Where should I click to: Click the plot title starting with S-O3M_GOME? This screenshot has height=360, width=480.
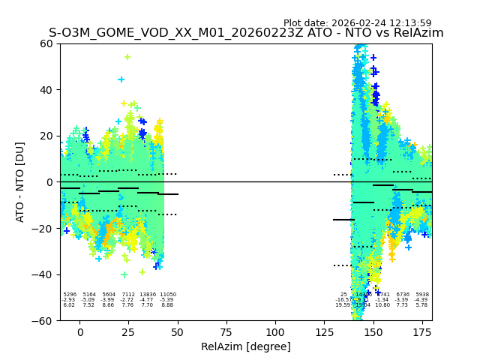[x=246, y=33]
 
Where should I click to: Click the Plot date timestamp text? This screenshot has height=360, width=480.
[x=357, y=23]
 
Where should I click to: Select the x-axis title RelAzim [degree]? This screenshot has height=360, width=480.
[x=246, y=346]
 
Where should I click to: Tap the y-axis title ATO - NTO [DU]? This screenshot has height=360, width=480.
[x=20, y=182]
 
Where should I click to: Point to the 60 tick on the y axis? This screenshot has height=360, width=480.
[x=46, y=43]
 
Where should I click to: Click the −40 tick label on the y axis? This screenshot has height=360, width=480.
[x=43, y=274]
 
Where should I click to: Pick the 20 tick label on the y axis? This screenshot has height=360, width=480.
[x=46, y=136]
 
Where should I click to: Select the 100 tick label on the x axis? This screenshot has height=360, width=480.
[x=275, y=331]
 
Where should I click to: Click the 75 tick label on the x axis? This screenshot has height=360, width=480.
[x=226, y=331]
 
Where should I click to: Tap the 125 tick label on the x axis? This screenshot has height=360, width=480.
[x=324, y=331]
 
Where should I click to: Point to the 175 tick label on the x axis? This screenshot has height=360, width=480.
[x=422, y=331]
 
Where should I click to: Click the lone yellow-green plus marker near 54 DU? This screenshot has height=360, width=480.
[x=127, y=57]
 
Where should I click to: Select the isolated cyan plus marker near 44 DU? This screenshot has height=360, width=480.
[x=121, y=79]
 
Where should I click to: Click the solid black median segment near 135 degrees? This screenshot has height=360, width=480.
[x=343, y=220]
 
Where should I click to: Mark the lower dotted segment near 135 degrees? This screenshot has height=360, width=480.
[x=343, y=265]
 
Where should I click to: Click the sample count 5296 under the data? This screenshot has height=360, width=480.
[x=70, y=295]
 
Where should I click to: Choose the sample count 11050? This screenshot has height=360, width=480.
[x=167, y=295]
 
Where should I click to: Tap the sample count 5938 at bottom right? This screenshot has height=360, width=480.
[x=421, y=295]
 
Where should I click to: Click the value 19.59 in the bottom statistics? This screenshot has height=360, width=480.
[x=343, y=305]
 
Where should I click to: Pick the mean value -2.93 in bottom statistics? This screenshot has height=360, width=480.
[x=69, y=300]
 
